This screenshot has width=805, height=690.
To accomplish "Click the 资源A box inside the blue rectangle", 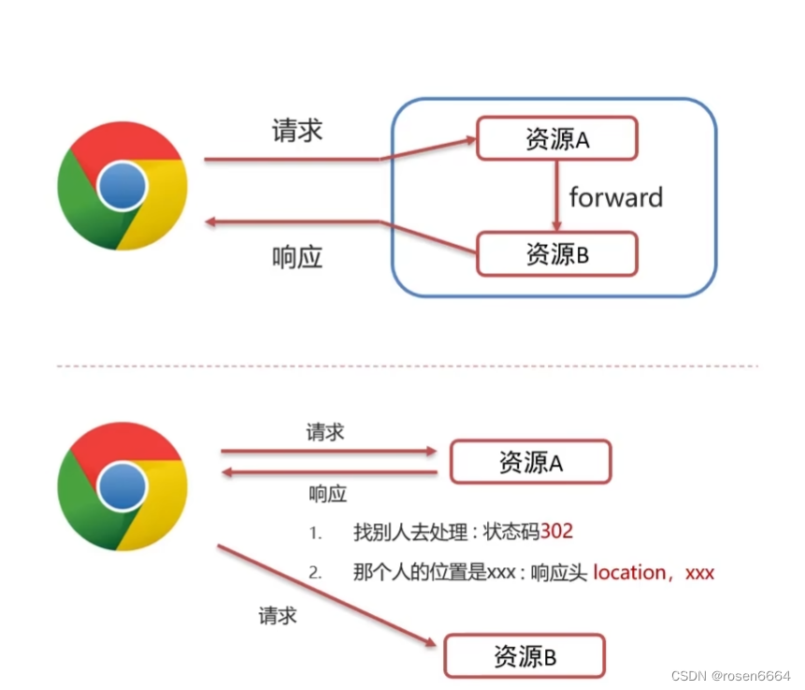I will tap(557, 138).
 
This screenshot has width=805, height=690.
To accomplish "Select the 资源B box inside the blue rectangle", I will tap(557, 253).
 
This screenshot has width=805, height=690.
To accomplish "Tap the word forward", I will tap(615, 197).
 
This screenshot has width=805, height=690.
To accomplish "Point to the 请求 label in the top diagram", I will tap(297, 130).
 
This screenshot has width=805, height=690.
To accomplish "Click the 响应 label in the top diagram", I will tap(297, 258).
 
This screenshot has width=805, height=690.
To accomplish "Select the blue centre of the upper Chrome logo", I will tap(122, 186).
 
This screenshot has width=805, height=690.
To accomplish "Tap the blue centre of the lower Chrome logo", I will tap(122, 485).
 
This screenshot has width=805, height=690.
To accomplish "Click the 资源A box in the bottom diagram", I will tap(530, 462).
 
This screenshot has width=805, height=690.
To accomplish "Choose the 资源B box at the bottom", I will tap(525, 656).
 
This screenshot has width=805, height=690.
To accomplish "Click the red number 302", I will tap(556, 531).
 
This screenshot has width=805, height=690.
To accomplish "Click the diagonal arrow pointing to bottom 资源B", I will tap(327, 596).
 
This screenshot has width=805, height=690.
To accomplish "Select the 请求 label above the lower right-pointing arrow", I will tap(324, 432).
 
